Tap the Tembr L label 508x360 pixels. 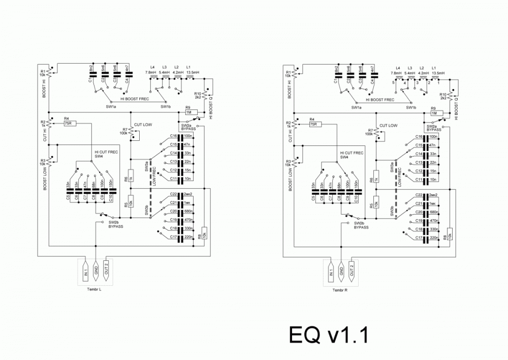[95, 290]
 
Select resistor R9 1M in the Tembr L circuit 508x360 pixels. [188, 113]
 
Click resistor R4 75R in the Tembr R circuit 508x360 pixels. [313, 123]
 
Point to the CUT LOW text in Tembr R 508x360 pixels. [389, 125]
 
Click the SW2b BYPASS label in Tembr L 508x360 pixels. [116, 224]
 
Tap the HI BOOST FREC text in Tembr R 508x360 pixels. [382, 99]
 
